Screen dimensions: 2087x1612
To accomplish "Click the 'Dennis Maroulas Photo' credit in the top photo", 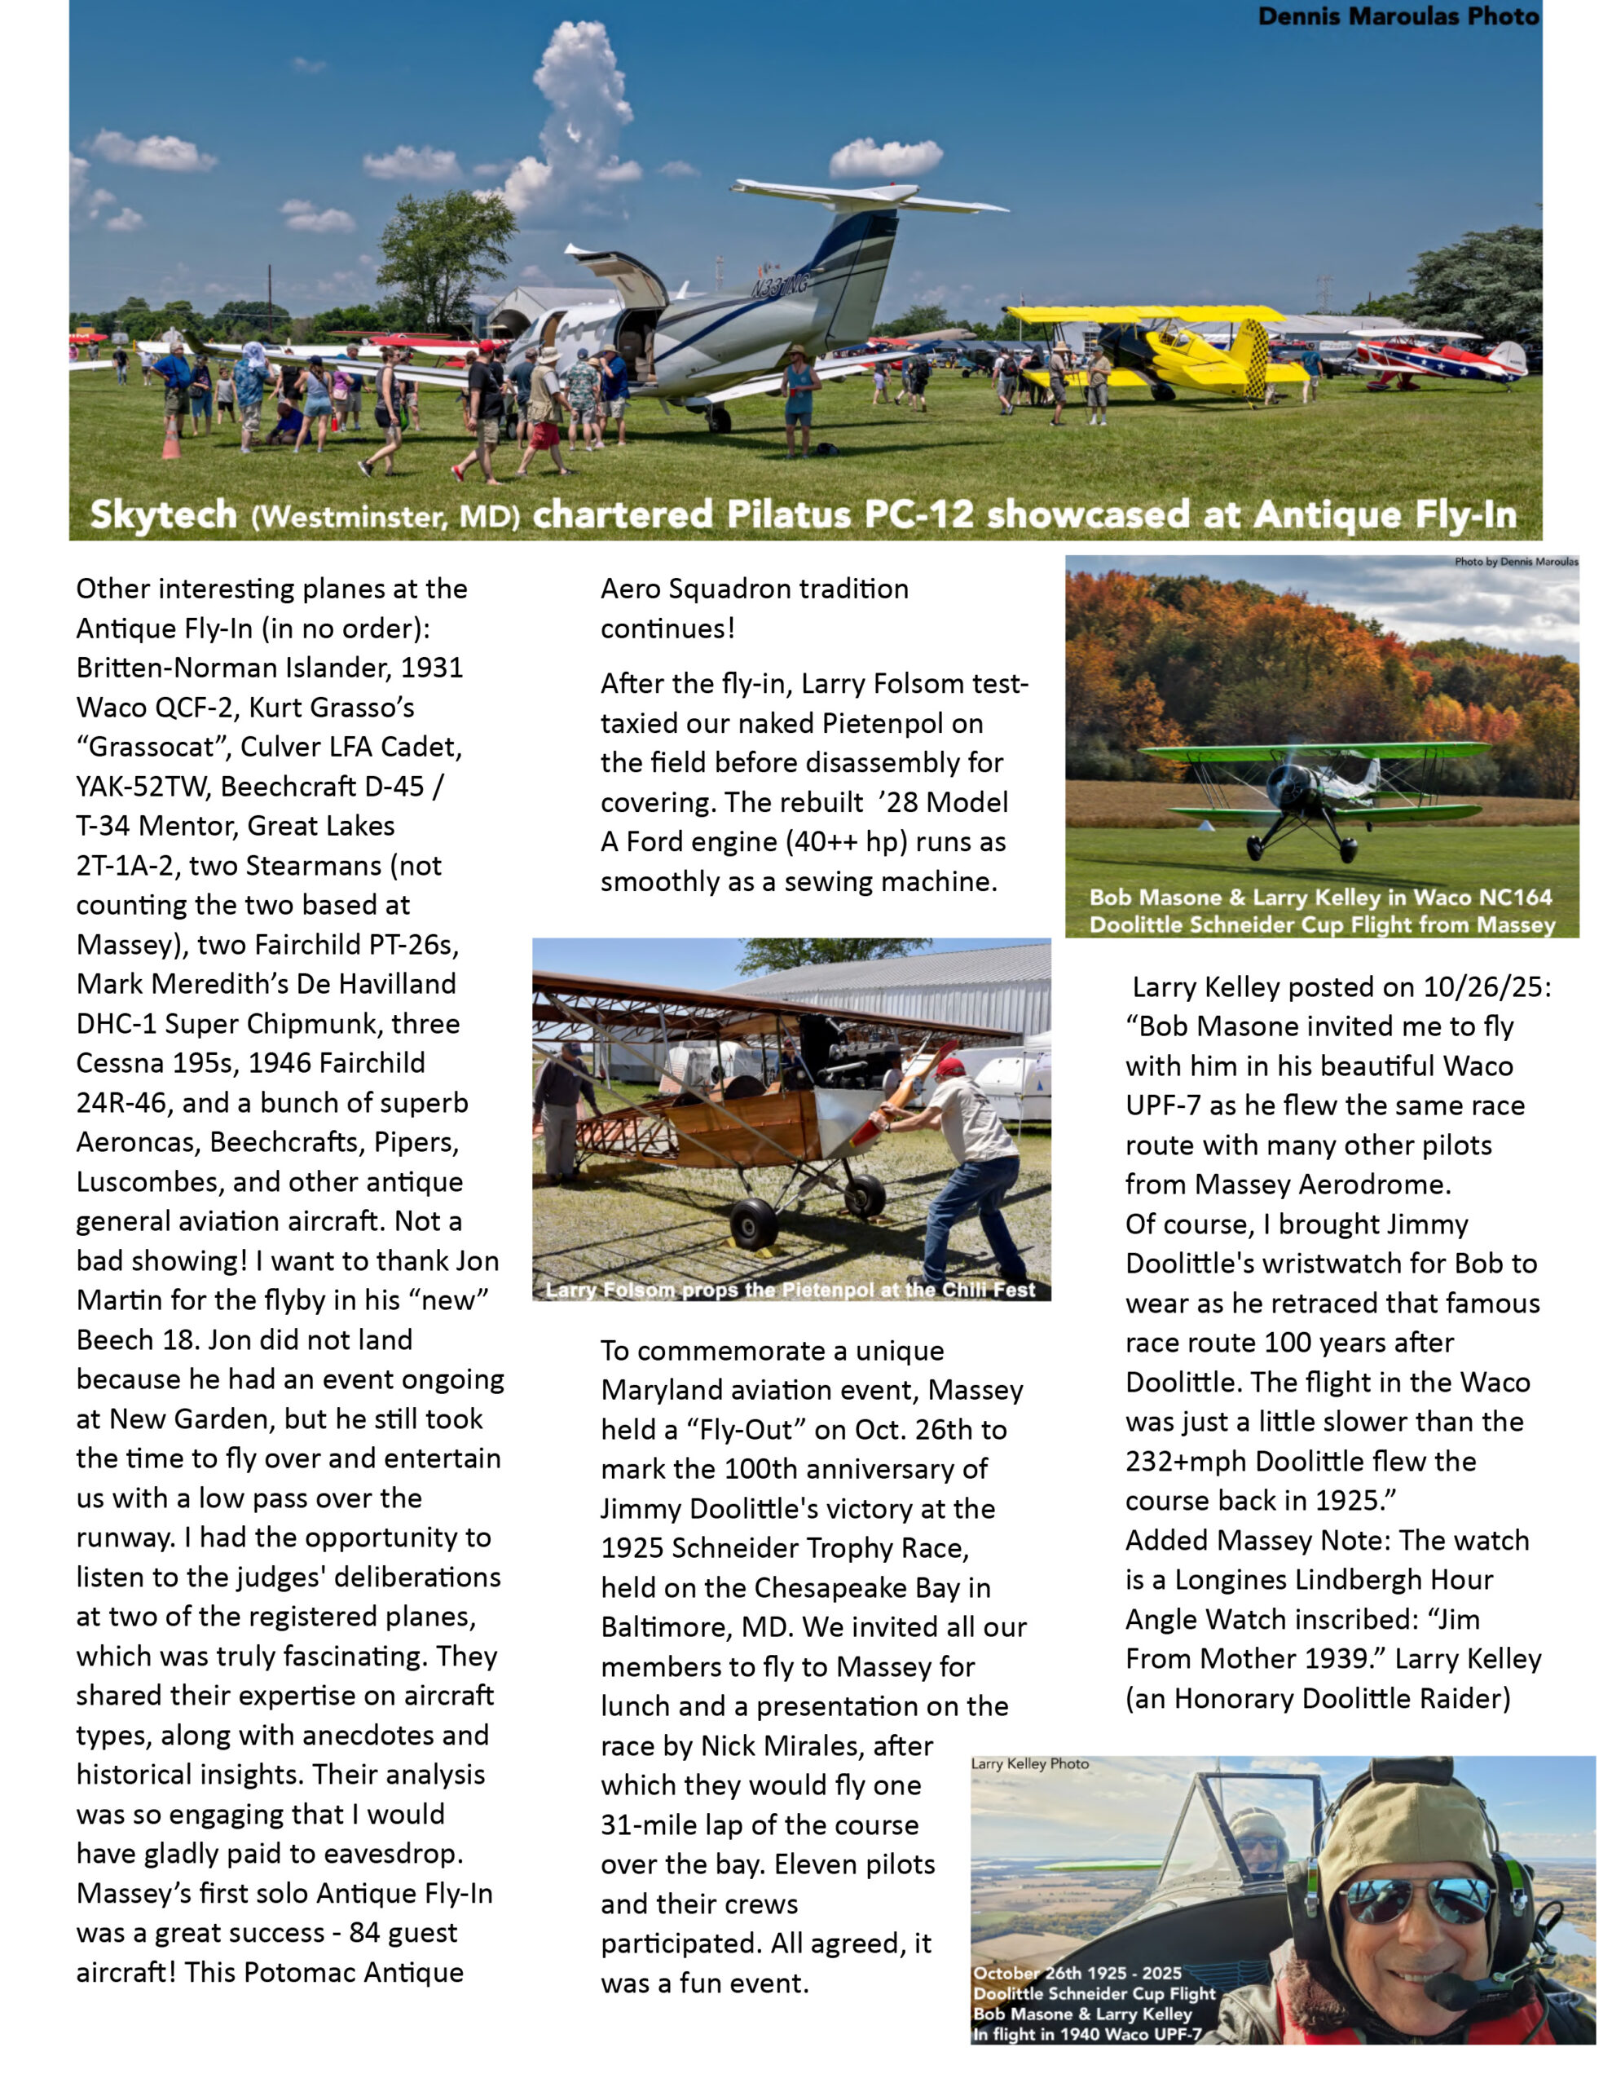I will pos(1397,16).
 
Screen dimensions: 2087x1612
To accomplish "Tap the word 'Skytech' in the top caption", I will pos(163,515).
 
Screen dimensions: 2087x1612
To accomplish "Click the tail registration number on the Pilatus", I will pos(780,285).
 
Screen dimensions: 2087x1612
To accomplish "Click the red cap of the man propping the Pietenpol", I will pos(949,1066).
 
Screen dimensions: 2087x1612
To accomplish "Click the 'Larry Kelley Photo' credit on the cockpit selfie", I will pos(1029,1764).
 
